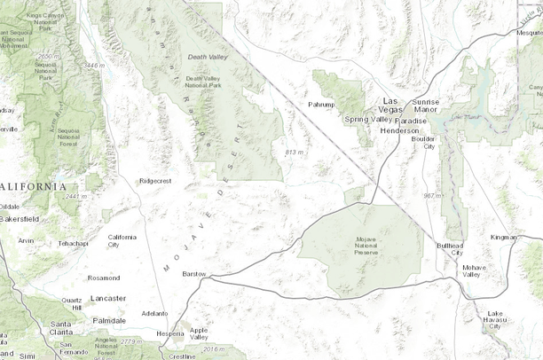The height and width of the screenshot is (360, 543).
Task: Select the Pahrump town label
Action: [320, 104]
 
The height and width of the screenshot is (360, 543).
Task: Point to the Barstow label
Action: [193, 274]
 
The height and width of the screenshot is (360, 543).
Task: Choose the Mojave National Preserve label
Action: [373, 245]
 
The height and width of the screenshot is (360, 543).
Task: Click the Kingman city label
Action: [503, 237]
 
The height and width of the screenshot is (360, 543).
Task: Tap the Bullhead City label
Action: [451, 249]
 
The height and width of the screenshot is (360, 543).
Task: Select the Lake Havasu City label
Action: [495, 319]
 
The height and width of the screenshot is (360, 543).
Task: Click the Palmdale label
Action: [108, 320]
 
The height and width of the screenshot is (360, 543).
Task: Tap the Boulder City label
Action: [423, 143]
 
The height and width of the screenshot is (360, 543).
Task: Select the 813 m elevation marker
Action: [294, 153]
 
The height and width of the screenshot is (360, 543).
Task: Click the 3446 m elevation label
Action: [93, 65]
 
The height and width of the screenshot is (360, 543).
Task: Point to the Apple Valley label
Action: [199, 333]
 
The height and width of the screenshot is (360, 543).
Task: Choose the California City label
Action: [122, 240]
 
